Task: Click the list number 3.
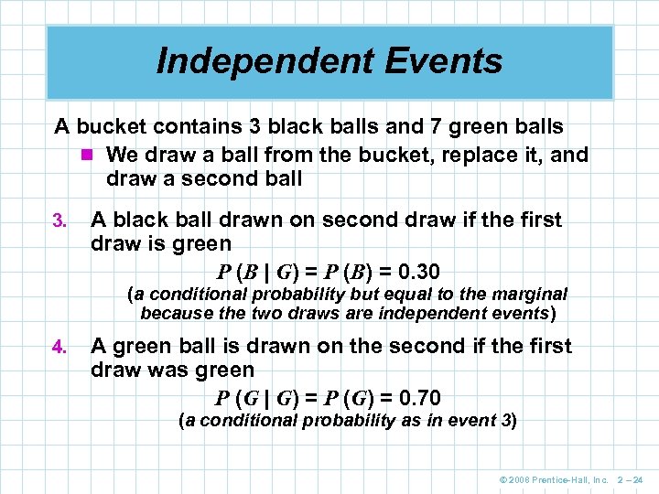click(58, 220)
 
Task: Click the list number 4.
click(58, 347)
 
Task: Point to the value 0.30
click(415, 272)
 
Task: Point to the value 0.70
click(415, 398)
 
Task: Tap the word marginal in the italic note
click(531, 295)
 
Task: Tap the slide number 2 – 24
click(632, 479)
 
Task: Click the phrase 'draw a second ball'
click(203, 179)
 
